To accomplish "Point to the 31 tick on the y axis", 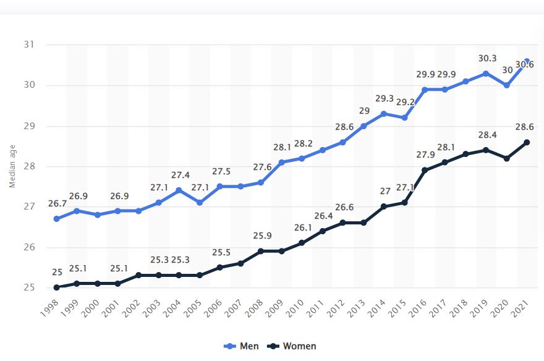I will (30, 45).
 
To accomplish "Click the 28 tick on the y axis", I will (30, 166).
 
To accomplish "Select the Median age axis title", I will (12, 166).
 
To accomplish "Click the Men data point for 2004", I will (179, 190).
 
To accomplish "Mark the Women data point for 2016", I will (425, 170).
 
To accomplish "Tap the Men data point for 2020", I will (507, 85).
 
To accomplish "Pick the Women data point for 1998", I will (56, 287).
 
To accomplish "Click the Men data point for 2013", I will (363, 125).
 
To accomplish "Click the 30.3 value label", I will (487, 59).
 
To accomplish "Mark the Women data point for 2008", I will (261, 251).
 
